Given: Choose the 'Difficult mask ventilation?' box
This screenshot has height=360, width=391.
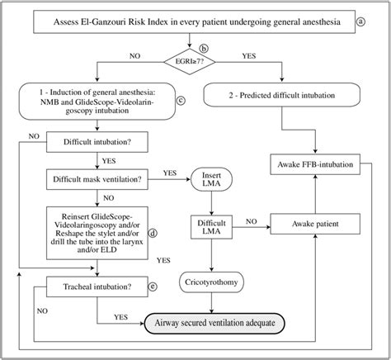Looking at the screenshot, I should (100, 178).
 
